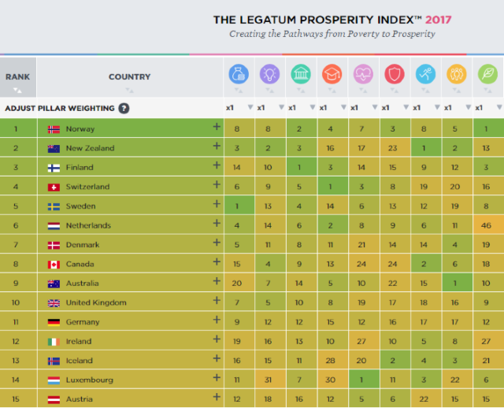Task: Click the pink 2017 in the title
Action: click(439, 20)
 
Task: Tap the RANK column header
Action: click(17, 77)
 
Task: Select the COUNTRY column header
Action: click(129, 77)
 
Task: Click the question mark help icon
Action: click(124, 109)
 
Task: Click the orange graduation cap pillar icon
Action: click(332, 74)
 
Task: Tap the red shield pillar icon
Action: click(395, 74)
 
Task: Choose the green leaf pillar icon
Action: click(487, 74)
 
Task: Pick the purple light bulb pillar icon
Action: click(269, 74)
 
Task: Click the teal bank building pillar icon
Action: click(301, 74)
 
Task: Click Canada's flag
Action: click(54, 265)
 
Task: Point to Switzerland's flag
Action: click(54, 187)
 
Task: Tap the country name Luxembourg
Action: click(89, 380)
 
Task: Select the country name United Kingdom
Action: click(96, 302)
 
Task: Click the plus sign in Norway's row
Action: click(217, 127)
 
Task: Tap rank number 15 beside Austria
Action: click(16, 399)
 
